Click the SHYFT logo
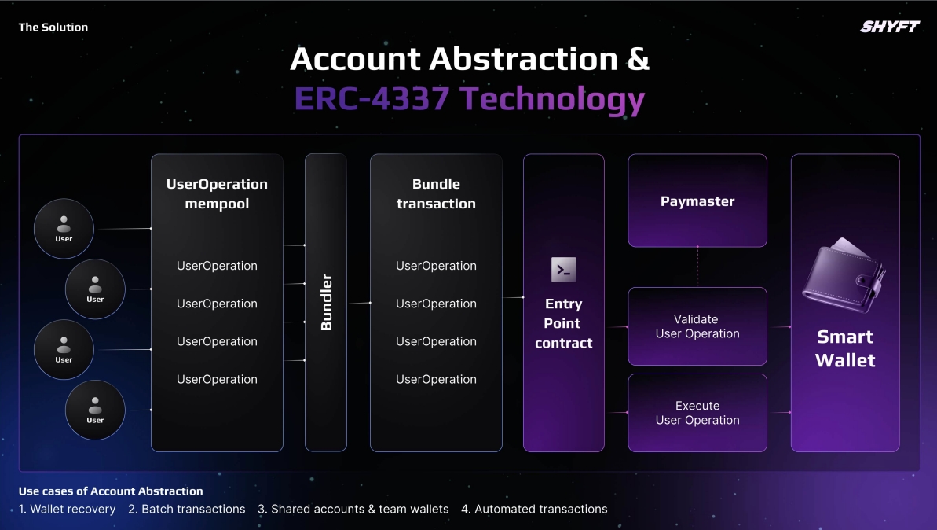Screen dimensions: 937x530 tap(890, 26)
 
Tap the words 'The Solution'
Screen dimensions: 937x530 tap(53, 27)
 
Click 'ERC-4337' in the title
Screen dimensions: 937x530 tap(371, 98)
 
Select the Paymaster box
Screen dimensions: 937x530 tap(697, 201)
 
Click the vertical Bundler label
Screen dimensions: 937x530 tap(326, 302)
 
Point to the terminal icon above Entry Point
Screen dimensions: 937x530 tap(563, 270)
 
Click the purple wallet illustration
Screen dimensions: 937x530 tap(844, 275)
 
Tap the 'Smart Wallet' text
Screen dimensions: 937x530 tap(845, 348)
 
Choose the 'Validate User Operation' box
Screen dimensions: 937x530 tap(697, 326)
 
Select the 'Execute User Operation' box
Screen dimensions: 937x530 tap(697, 413)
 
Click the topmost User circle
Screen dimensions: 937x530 tap(64, 229)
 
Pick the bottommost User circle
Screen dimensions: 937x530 tap(95, 410)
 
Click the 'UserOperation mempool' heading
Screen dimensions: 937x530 tap(217, 193)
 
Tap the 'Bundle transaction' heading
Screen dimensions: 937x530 tap(436, 193)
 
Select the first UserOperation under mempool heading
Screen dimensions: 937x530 tap(217, 266)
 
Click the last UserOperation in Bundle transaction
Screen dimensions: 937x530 tap(436, 379)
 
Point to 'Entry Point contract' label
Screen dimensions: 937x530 tap(563, 323)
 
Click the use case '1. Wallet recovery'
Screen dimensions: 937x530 tap(67, 509)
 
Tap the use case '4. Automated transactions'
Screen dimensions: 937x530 tap(534, 509)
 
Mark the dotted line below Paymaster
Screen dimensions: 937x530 tap(697, 267)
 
